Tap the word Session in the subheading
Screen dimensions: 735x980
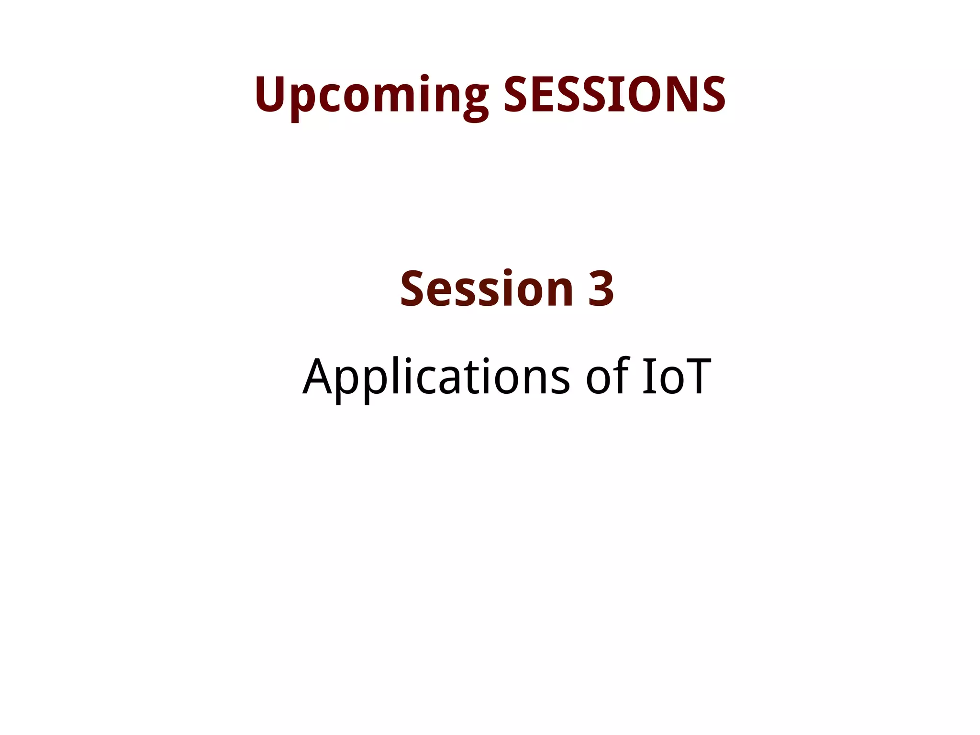[x=487, y=289]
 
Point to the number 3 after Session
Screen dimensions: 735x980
[x=601, y=289]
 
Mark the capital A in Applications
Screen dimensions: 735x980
[x=318, y=377]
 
